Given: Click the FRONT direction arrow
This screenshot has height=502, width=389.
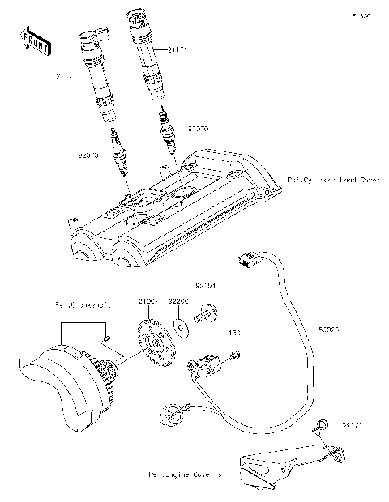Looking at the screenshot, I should (31, 40).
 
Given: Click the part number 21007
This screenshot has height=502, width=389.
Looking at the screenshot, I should (147, 301).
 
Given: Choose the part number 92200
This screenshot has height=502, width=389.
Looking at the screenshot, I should (177, 301).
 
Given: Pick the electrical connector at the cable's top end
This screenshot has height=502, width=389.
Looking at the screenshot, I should (246, 260).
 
